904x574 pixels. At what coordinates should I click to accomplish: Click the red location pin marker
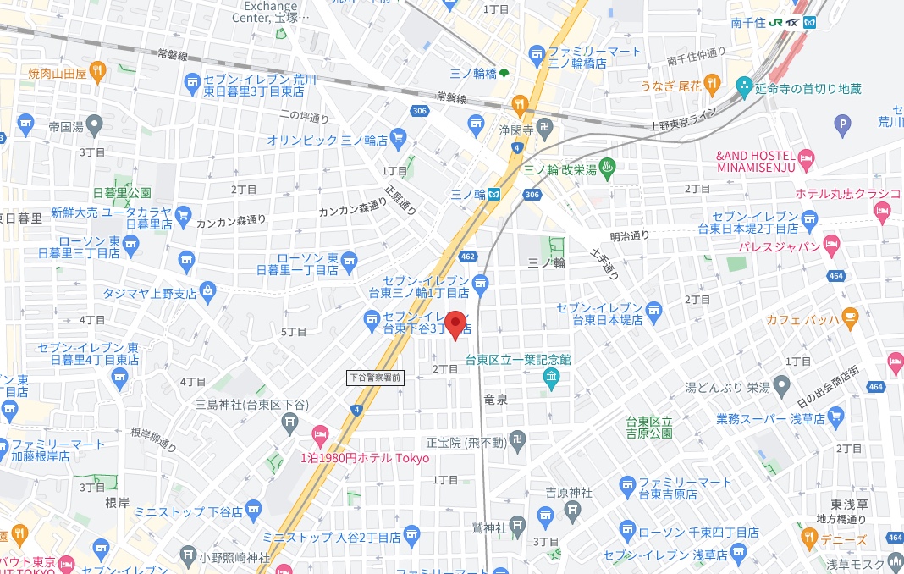pos(456,324)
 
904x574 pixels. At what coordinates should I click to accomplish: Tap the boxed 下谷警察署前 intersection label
pos(376,378)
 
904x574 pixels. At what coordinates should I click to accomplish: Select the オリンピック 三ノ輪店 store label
pos(328,140)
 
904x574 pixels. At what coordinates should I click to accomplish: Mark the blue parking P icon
pos(841,127)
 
